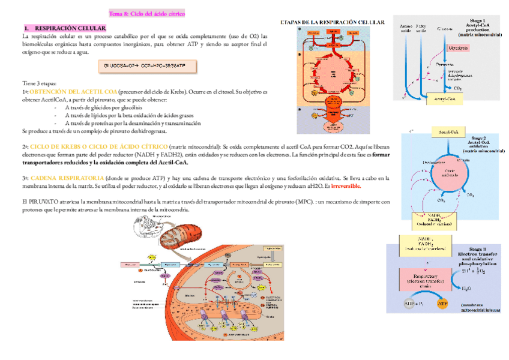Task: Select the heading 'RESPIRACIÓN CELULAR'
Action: (70, 28)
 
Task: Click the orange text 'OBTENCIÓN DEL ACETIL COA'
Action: (73, 92)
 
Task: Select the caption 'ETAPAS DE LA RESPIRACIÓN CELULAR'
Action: (333, 22)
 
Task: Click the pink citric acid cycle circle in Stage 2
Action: (445, 173)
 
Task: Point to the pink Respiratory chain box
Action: (427, 280)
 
